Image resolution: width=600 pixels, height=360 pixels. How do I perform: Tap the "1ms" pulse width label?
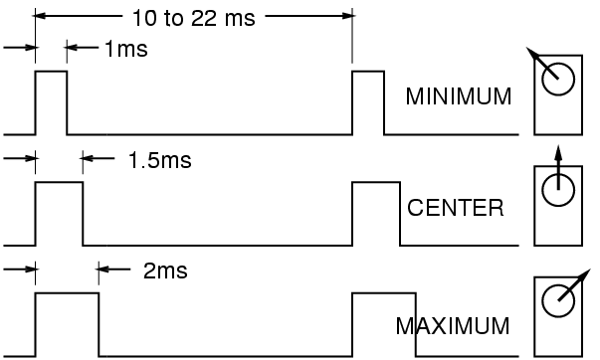(x=125, y=49)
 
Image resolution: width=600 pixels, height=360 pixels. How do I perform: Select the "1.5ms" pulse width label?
(x=159, y=159)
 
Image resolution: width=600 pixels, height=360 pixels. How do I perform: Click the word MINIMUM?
(x=459, y=97)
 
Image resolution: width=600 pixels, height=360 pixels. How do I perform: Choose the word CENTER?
(x=456, y=209)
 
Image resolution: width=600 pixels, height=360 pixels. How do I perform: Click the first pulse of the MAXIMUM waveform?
(x=67, y=323)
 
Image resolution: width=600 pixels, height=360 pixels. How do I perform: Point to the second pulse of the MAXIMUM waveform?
(x=384, y=323)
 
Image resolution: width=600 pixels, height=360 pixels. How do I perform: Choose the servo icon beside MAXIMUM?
(x=556, y=314)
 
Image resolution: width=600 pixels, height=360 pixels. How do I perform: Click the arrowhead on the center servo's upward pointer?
(x=557, y=152)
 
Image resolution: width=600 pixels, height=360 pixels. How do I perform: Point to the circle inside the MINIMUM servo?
(x=556, y=77)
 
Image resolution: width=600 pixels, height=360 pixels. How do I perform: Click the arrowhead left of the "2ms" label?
(x=104, y=270)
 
